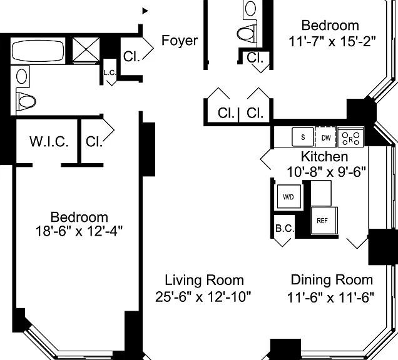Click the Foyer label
(180, 40)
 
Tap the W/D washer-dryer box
(288, 196)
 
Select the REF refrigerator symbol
(324, 221)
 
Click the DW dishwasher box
(325, 137)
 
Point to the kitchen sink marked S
(303, 137)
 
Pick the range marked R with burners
(350, 137)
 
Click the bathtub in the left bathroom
(38, 51)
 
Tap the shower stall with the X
(86, 50)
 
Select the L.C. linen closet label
(110, 73)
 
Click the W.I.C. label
(49, 141)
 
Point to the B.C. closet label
(285, 228)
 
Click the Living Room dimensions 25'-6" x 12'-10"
(203, 296)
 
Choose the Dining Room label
(332, 280)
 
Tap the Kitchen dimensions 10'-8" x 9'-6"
(326, 172)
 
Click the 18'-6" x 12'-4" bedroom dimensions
(79, 231)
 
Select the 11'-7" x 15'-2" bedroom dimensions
(332, 41)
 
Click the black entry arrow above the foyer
(145, 11)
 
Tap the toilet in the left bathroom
(26, 101)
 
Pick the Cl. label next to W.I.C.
(94, 141)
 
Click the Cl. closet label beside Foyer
(131, 56)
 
